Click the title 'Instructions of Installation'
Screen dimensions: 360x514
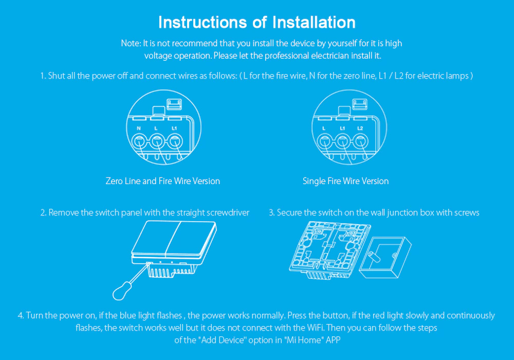[x=257, y=23]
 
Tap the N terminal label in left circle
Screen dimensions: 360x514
[x=139, y=128]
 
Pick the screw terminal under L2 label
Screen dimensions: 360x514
[x=360, y=140]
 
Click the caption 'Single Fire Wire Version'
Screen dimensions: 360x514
[x=345, y=181]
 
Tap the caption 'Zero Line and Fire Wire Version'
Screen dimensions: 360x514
[x=162, y=181]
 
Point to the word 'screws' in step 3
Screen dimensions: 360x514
[x=467, y=212]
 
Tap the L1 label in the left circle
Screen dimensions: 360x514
[x=174, y=128]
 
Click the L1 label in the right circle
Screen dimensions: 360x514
[x=342, y=128]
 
